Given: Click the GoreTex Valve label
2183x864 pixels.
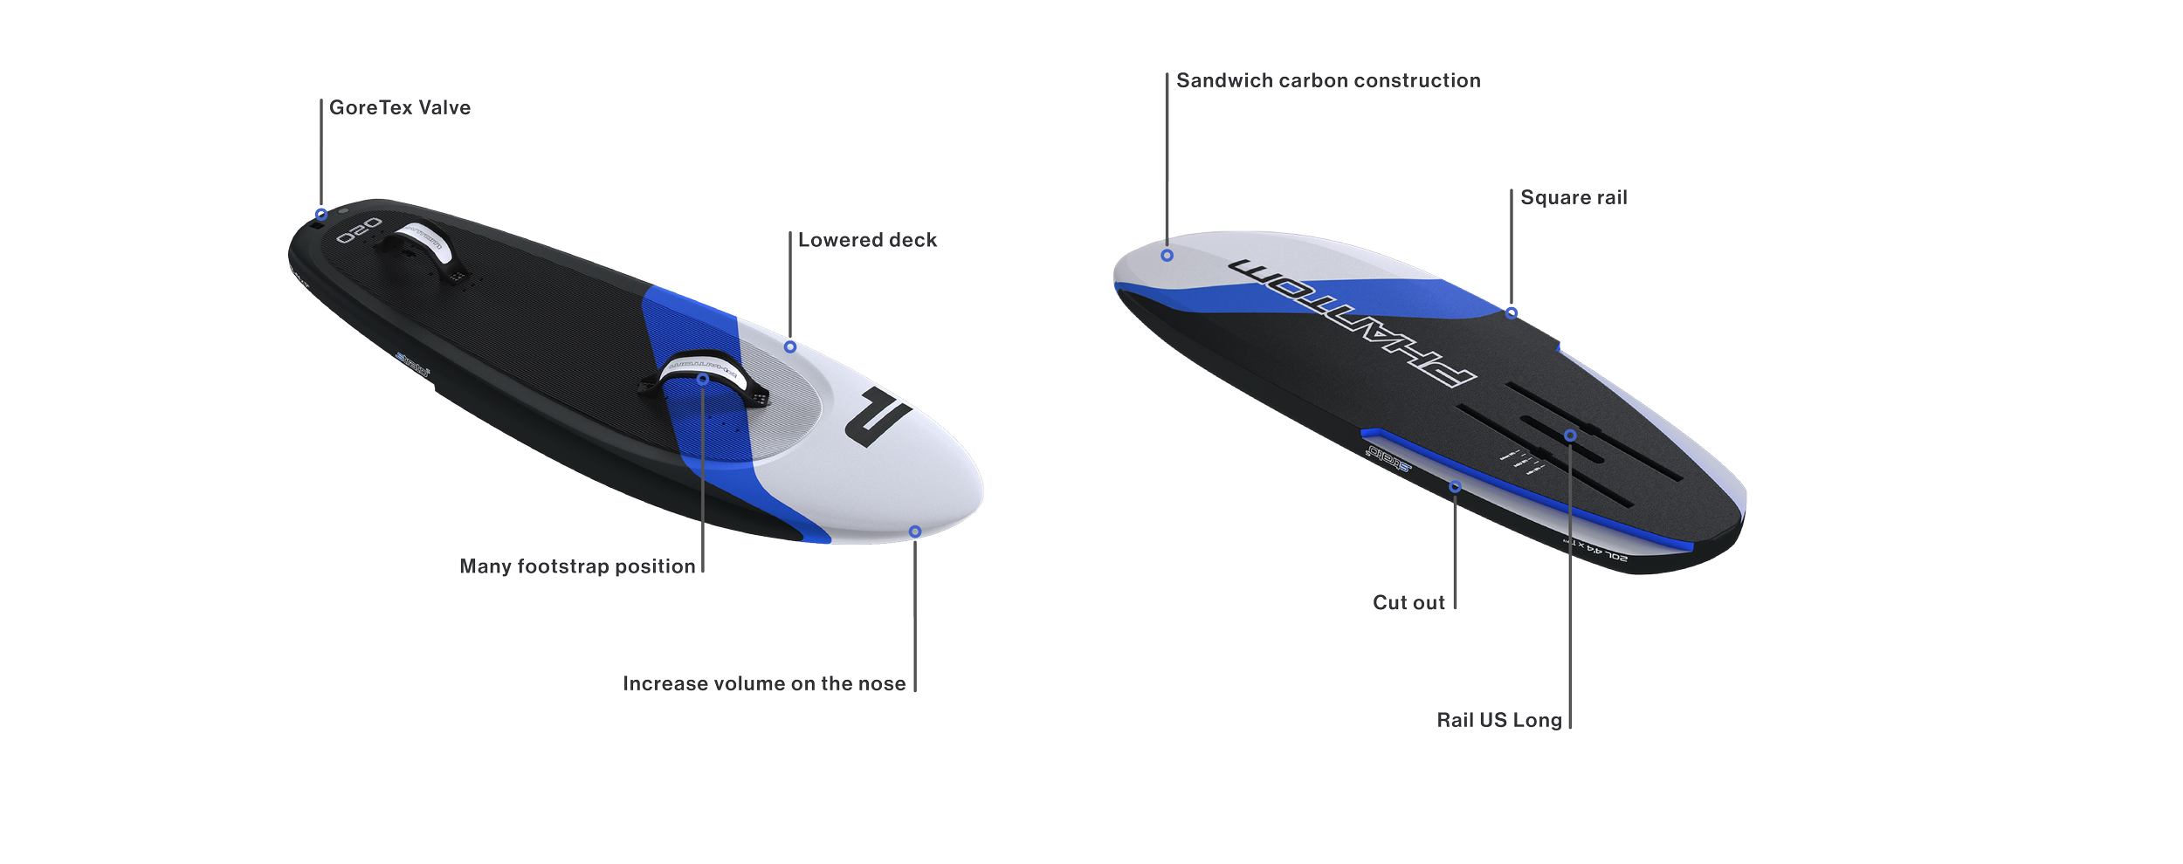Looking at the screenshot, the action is point(400,107).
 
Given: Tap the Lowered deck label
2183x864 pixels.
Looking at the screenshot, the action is point(867,240).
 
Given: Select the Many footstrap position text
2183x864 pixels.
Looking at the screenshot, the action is point(577,566).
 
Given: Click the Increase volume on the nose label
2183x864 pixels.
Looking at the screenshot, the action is point(764,683).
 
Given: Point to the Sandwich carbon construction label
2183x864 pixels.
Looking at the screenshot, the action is point(1328,80).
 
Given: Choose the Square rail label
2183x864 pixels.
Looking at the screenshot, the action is point(1574,197).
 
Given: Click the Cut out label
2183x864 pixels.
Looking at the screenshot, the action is point(1408,602).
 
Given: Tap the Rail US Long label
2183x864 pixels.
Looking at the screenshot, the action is point(1498,720).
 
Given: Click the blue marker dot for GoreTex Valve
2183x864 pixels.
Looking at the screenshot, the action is point(321,214).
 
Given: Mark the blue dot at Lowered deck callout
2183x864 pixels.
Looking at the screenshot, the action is point(790,347).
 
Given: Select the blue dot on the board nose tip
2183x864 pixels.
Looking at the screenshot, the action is point(914,531).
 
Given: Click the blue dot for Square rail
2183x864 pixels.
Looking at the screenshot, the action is point(1512,312).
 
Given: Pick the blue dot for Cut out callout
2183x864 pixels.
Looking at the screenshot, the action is point(1455,486).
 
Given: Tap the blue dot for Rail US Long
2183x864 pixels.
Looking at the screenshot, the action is point(1570,435).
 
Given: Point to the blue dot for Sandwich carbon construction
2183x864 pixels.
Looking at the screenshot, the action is point(1167,256).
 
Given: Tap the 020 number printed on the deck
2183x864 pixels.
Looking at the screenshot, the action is point(359,230).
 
